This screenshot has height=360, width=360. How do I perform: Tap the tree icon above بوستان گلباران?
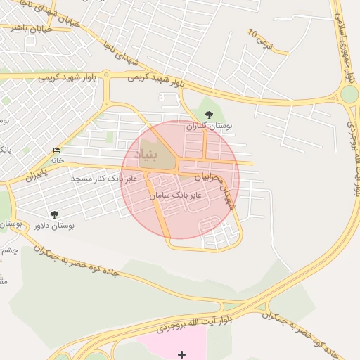(x=208, y=115)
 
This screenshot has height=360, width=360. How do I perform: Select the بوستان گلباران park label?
(x=209, y=127)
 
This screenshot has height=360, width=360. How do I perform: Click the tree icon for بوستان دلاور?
(x=55, y=214)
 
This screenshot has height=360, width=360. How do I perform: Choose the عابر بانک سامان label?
(x=176, y=193)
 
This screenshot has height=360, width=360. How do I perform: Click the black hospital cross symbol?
(x=182, y=354)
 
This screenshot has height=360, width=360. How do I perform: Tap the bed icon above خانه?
(x=56, y=150)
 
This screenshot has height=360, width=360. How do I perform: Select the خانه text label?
(x=56, y=160)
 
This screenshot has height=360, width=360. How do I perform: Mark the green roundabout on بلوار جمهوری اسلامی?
(x=349, y=94)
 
